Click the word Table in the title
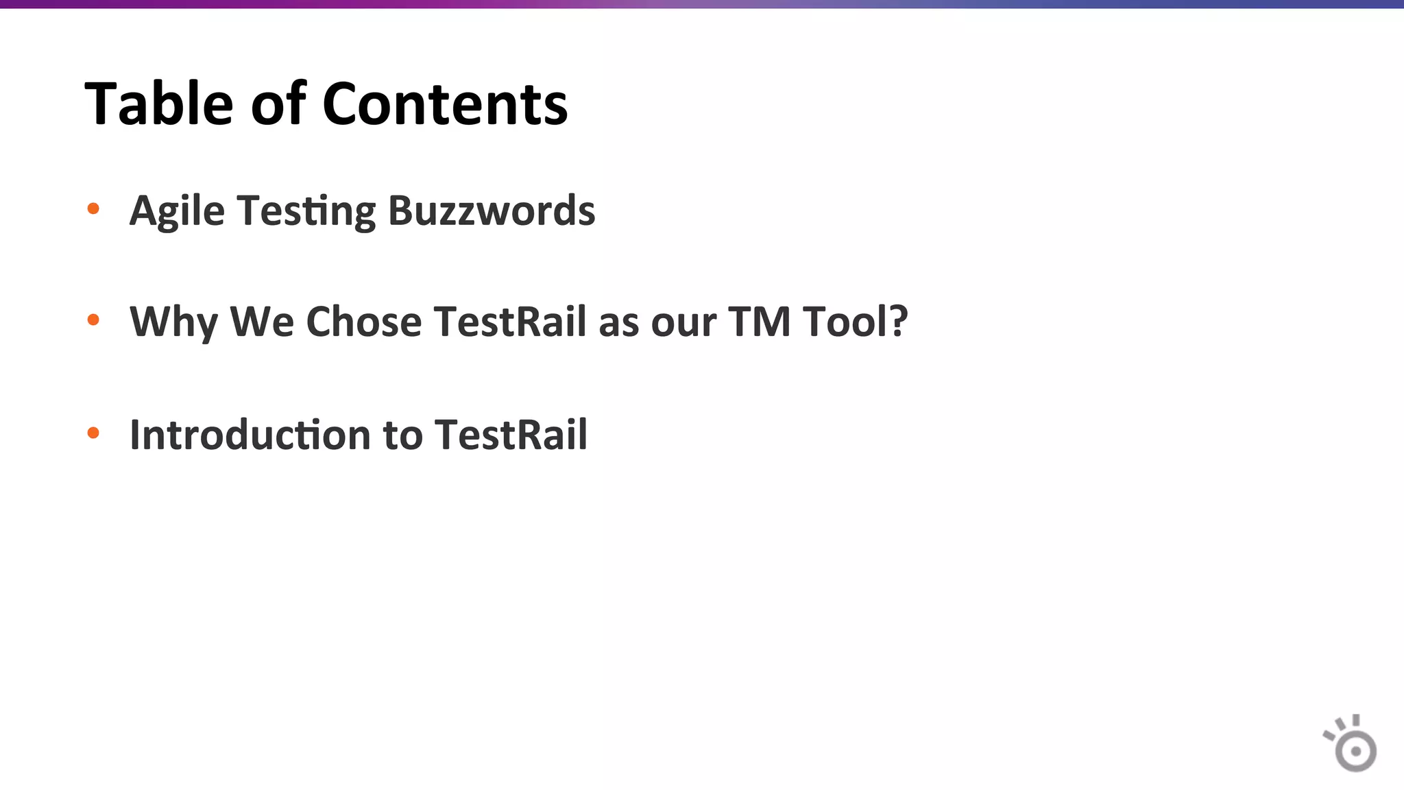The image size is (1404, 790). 159,104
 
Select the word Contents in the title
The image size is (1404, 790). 445,104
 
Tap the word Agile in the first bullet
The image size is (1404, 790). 177,211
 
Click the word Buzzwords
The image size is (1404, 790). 492,211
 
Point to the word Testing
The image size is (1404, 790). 306,211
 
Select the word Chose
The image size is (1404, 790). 363,322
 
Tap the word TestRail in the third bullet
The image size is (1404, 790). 511,435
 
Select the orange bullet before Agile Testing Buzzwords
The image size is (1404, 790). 93,208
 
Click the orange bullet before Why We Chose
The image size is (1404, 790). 93,320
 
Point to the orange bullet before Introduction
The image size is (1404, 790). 93,433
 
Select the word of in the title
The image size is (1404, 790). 278,104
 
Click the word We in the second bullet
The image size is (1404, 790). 261,322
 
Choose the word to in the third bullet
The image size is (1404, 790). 402,435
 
